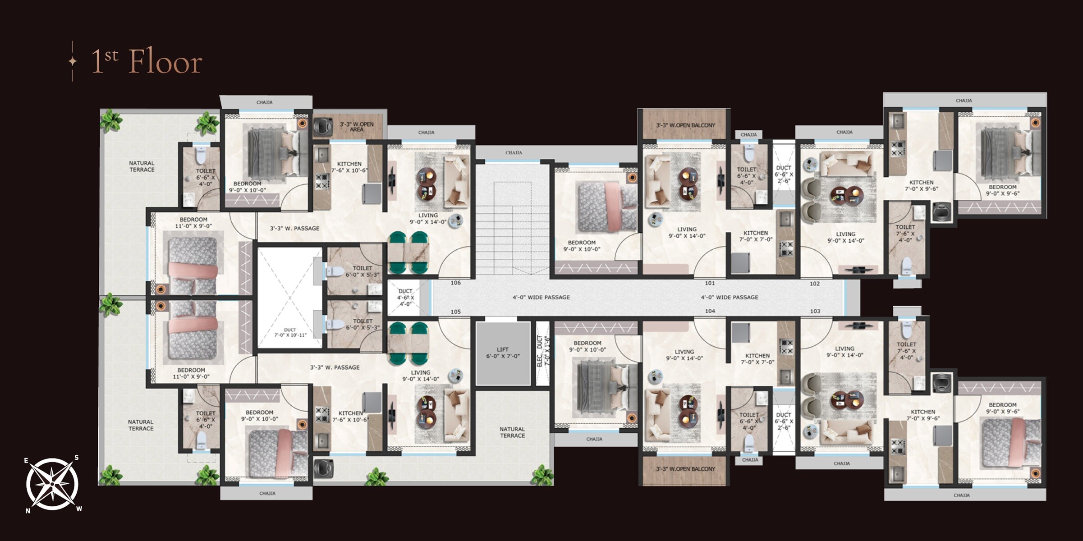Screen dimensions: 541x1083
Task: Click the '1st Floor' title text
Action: pyautogui.click(x=147, y=62)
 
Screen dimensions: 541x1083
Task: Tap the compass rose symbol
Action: pyautogui.click(x=52, y=484)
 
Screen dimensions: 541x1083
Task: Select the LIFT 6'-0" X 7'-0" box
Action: pyautogui.click(x=503, y=353)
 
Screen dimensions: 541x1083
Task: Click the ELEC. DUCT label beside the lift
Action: pyautogui.click(x=543, y=352)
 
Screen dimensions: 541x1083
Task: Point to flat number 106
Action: pyautogui.click(x=455, y=283)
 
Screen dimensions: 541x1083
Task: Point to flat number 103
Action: pyautogui.click(x=815, y=311)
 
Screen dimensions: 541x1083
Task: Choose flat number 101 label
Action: pyautogui.click(x=710, y=283)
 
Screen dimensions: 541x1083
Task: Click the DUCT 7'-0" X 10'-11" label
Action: pyautogui.click(x=290, y=332)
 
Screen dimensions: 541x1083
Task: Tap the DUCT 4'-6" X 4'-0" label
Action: pyautogui.click(x=405, y=298)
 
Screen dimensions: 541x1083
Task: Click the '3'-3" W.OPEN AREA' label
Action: pyautogui.click(x=356, y=127)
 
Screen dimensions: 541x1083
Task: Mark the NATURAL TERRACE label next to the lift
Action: pyautogui.click(x=512, y=432)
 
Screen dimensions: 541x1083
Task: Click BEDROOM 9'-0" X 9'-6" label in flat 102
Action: pyautogui.click(x=1002, y=190)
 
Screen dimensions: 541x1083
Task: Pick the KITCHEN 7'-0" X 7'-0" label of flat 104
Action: pyautogui.click(x=757, y=359)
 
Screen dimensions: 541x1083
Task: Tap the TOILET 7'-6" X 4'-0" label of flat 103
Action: pyautogui.click(x=906, y=351)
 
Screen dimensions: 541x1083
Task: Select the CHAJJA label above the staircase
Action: pyautogui.click(x=514, y=153)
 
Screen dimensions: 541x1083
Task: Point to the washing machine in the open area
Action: pyautogui.click(x=322, y=126)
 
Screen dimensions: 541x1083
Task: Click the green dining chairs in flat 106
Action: pyautogui.click(x=408, y=252)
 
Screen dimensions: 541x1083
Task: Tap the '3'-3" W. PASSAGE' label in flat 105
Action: pyautogui.click(x=335, y=367)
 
